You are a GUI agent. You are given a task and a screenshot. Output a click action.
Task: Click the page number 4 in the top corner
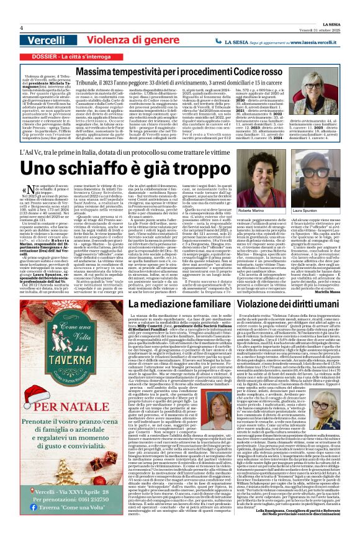pyautogui.click(x=21, y=27)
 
